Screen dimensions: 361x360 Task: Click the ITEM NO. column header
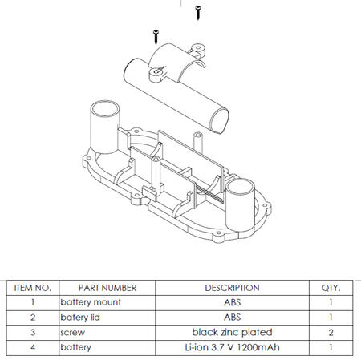[33, 288]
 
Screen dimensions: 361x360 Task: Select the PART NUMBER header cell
[107, 288]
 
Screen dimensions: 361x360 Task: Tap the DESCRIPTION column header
[232, 288]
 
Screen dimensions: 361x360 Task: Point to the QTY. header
[331, 288]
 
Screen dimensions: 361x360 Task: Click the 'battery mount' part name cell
[91, 302]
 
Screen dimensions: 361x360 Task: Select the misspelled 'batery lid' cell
[80, 318]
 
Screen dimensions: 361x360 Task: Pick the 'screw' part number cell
[72, 333]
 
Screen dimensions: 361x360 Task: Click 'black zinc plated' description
[232, 332]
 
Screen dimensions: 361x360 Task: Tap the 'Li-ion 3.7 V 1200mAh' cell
[232, 347]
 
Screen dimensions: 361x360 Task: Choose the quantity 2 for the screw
[331, 333]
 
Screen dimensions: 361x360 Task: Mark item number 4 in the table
[33, 347]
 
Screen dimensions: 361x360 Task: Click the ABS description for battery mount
[232, 302]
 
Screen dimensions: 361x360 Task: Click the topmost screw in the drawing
[198, 13]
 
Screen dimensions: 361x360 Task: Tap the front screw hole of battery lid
[156, 72]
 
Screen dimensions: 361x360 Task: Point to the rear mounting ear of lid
[198, 51]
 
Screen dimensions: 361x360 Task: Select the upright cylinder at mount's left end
[105, 127]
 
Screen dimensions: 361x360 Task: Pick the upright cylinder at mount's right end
[240, 205]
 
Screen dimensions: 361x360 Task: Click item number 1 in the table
[33, 302]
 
